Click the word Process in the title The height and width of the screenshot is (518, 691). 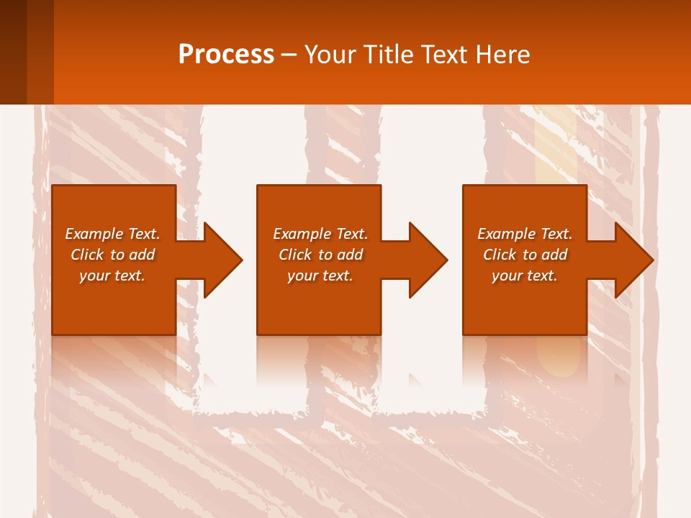226,55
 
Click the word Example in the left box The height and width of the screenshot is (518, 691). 94,234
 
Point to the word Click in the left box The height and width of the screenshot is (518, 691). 88,255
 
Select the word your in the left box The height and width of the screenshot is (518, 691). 94,276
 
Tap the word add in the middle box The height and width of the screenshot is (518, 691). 350,255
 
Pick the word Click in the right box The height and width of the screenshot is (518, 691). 500,255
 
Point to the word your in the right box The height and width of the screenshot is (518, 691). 507,276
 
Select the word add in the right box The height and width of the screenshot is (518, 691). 554,255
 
